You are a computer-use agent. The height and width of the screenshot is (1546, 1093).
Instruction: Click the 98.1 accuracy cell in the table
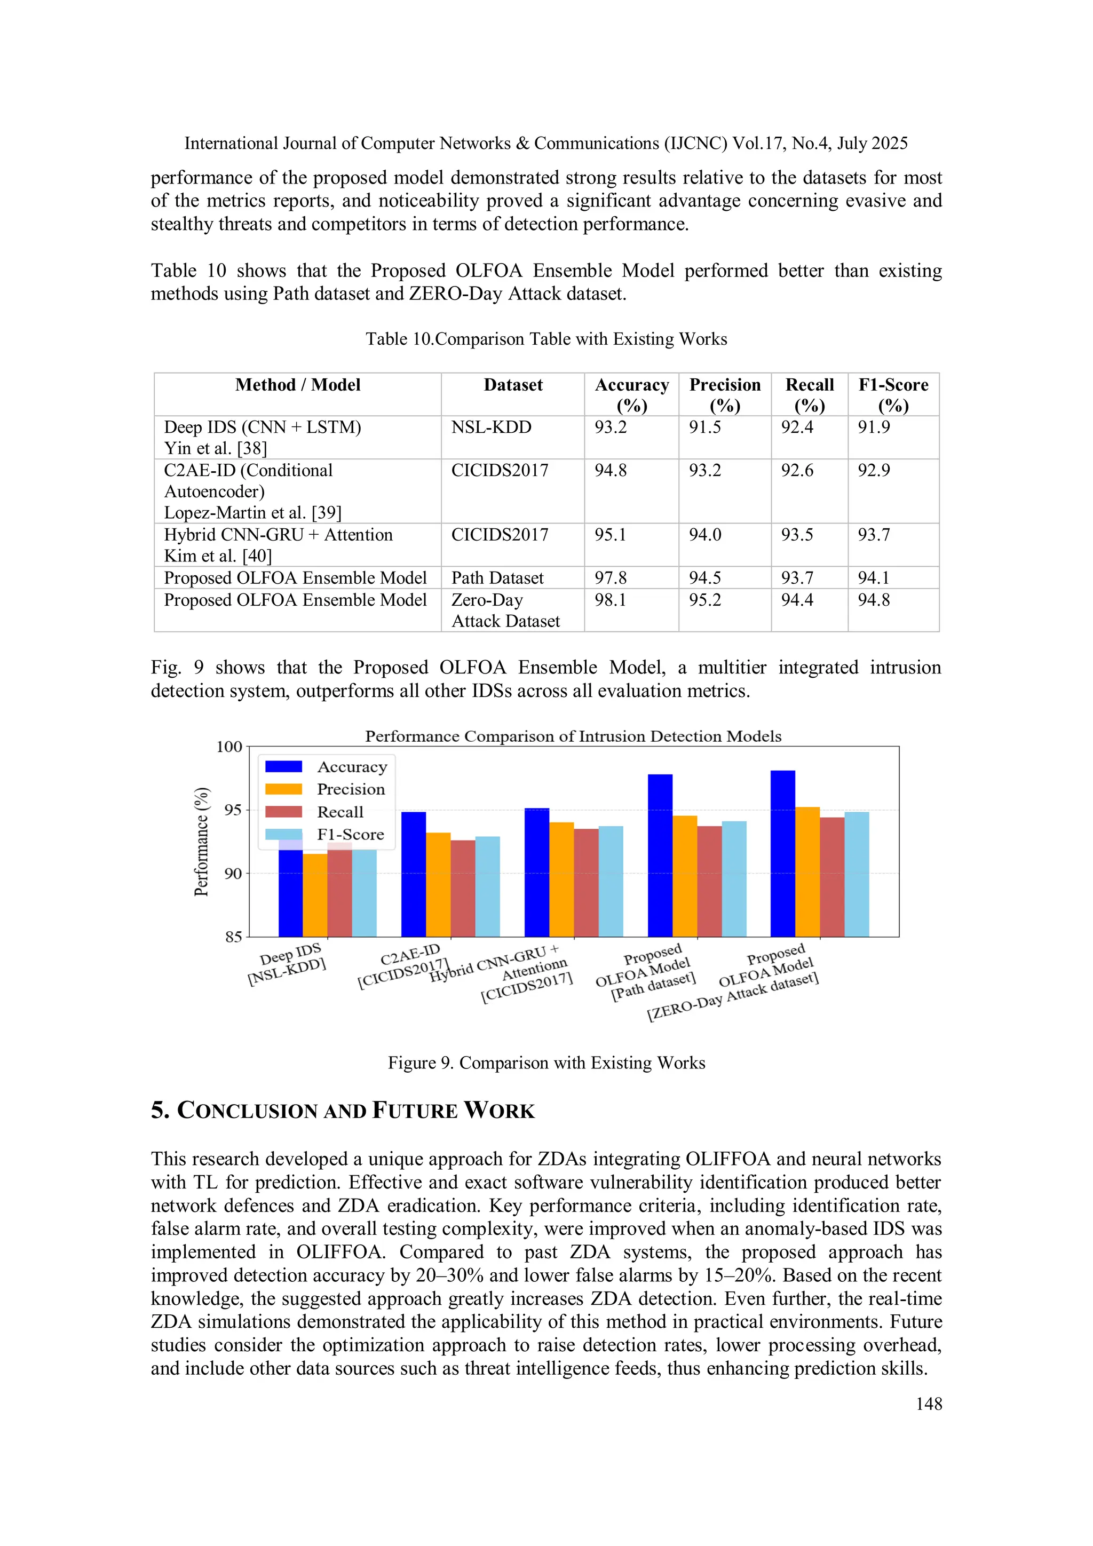point(610,600)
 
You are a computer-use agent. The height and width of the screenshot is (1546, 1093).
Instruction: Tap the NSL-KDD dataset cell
point(491,427)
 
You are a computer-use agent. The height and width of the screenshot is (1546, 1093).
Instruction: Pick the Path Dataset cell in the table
point(497,578)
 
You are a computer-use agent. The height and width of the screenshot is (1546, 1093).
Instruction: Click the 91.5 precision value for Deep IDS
point(704,427)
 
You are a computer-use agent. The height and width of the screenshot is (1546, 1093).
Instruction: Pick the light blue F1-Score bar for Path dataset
point(734,879)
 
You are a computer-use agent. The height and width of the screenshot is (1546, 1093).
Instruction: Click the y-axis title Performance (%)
point(201,841)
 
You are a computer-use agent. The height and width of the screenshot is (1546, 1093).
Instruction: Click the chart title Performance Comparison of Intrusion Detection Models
point(573,736)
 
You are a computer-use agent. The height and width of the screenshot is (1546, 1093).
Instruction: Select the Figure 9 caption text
point(546,1063)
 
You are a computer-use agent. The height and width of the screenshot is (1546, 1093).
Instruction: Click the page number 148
point(928,1404)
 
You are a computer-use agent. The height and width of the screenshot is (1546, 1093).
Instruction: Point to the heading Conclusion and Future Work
point(342,1111)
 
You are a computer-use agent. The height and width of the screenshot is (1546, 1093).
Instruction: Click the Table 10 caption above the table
point(546,339)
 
